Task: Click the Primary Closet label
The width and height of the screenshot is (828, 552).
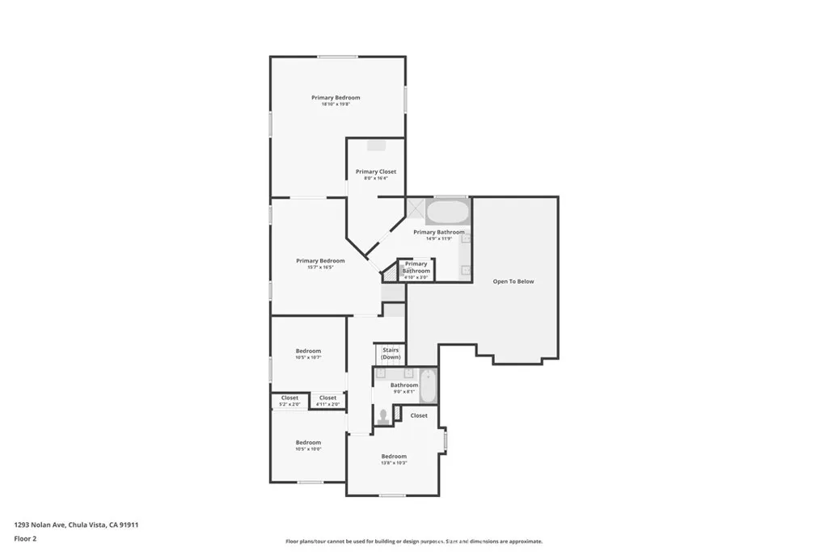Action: click(376, 171)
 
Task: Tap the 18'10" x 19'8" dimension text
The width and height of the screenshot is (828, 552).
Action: click(336, 104)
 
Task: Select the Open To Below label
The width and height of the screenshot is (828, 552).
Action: click(513, 281)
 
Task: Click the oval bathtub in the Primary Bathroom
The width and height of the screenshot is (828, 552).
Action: click(447, 212)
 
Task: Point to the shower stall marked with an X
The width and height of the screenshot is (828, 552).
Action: click(416, 209)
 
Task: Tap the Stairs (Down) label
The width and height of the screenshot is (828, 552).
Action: click(391, 353)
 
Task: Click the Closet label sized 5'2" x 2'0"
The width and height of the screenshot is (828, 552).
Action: click(289, 398)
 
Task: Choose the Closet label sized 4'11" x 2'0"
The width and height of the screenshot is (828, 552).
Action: click(327, 398)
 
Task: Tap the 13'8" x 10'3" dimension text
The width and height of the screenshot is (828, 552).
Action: click(393, 463)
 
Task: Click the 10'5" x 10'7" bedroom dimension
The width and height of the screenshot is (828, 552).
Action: click(308, 357)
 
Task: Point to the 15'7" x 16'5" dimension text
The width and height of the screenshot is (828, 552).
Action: click(320, 268)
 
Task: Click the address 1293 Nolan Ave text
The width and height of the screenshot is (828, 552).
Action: click(77, 525)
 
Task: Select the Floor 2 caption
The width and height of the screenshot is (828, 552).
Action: click(26, 538)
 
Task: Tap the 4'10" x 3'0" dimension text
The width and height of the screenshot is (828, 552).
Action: click(416, 277)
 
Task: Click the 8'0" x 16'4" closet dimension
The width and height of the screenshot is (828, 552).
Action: click(376, 179)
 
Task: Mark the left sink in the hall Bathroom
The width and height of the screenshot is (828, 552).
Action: click(381, 373)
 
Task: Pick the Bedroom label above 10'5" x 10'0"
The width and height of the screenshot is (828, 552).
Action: click(308, 442)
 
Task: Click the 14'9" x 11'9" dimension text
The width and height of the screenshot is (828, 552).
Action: click(439, 239)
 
